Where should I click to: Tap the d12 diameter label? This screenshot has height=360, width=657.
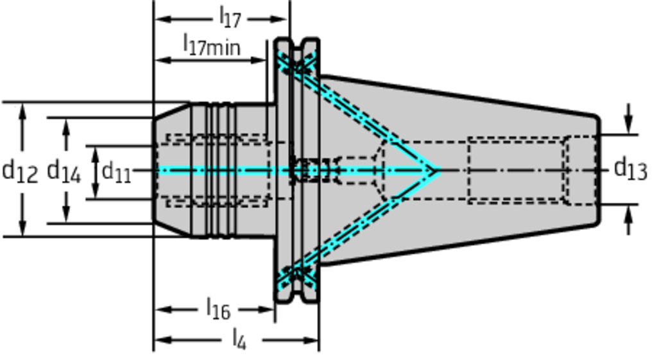point(20,170)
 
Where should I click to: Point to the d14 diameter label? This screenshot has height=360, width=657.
point(64,171)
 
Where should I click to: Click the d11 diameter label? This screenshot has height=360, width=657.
point(116,171)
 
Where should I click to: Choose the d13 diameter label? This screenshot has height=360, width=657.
point(630,169)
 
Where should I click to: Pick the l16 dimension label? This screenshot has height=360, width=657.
point(218,309)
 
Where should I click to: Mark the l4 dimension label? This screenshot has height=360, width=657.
point(238,338)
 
